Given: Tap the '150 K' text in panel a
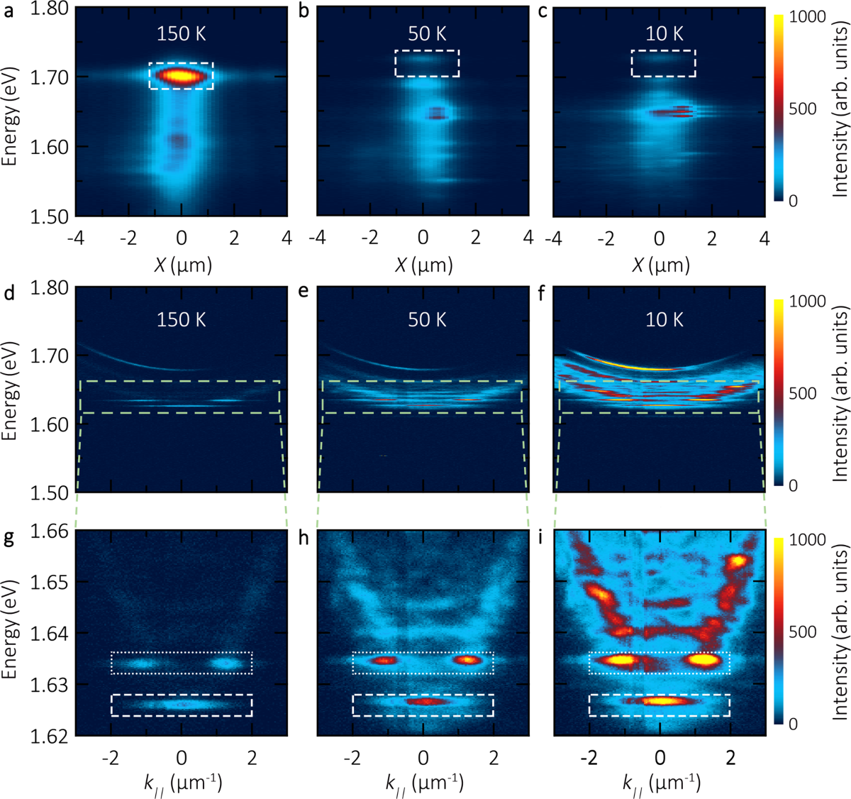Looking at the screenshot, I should pos(182,34).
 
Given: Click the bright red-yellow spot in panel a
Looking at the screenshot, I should pos(181,75).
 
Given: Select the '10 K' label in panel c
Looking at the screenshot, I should pos(664,34).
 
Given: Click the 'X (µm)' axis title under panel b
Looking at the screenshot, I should pos(423,265).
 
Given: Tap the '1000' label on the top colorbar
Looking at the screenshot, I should pos(807,17).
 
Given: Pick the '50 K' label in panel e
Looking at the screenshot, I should pos(427,319).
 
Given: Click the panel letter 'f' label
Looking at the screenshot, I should pos(543,292).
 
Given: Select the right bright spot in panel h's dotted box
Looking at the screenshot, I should pos(467,660).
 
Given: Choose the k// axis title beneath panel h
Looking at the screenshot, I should pos(423,783).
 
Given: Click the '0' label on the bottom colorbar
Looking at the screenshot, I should pos(793,724).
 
